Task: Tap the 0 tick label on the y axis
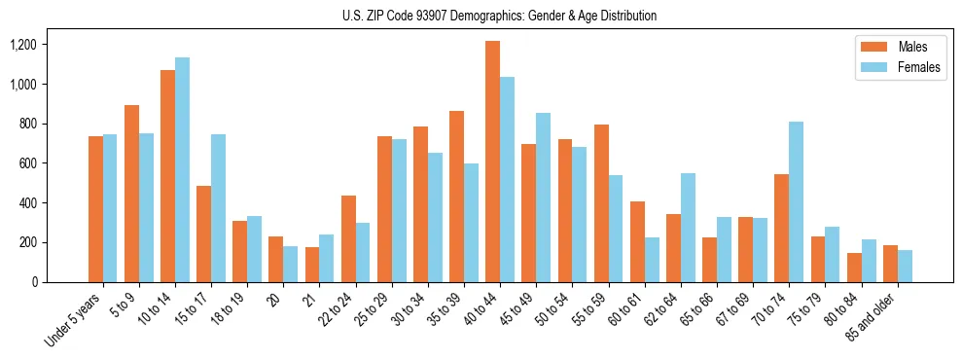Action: (x=34, y=282)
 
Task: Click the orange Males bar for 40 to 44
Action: (x=493, y=162)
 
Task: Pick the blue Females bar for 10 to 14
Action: (x=182, y=170)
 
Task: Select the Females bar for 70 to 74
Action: (x=797, y=201)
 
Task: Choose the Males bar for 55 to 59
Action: (x=601, y=203)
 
